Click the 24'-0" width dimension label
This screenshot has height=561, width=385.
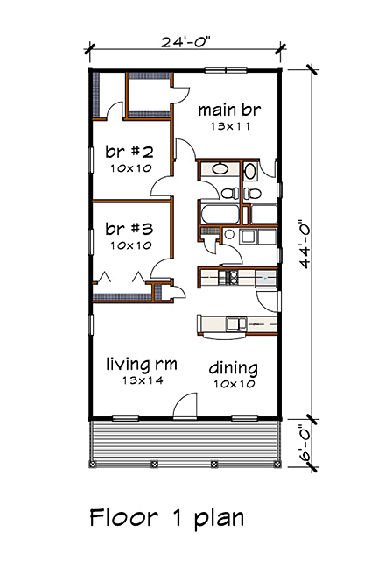[185, 41]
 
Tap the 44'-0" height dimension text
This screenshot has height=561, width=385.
[305, 244]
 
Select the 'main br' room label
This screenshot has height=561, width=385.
[229, 110]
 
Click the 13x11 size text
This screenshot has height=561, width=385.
[229, 126]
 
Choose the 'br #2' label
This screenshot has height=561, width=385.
[129, 152]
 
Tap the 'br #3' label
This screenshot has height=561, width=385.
[129, 229]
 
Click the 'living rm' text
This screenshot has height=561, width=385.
[142, 365]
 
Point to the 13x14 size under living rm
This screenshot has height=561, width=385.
[143, 380]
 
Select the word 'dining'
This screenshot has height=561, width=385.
[234, 368]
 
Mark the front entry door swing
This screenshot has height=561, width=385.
[185, 405]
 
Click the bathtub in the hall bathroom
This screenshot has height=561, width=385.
[219, 214]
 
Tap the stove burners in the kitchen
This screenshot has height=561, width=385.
[228, 278]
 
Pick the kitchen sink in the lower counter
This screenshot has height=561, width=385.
[235, 324]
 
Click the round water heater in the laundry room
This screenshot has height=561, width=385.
[229, 235]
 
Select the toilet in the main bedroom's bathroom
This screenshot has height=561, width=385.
[253, 193]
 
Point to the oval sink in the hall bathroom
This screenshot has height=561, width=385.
[220, 169]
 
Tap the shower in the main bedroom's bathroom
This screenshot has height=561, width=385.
[263, 214]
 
